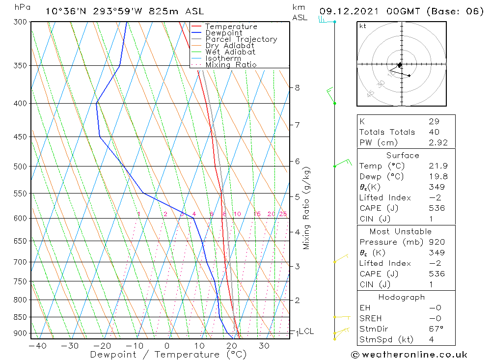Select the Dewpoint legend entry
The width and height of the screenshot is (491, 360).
coord(223,33)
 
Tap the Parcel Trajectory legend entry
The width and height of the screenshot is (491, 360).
coord(241,39)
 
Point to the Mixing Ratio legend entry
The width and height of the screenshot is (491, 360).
coord(231,65)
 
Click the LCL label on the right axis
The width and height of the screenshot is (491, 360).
coord(306,332)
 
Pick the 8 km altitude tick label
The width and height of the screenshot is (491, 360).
coord(297,87)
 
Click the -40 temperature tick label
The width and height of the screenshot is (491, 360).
coord(37,346)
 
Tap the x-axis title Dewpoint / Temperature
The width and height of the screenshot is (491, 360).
coord(168,355)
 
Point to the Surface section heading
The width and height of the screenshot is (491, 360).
coord(403,155)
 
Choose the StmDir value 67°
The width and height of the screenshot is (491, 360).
coord(435,329)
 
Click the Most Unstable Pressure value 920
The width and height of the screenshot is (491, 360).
coord(436,242)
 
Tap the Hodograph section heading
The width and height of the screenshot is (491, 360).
coord(402,297)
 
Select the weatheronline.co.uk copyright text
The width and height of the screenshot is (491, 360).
coord(409,354)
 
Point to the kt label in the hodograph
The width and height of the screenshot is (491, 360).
coord(363,27)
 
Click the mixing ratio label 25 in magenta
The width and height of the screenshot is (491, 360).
coord(283,214)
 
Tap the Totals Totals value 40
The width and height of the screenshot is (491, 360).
coord(434,132)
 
